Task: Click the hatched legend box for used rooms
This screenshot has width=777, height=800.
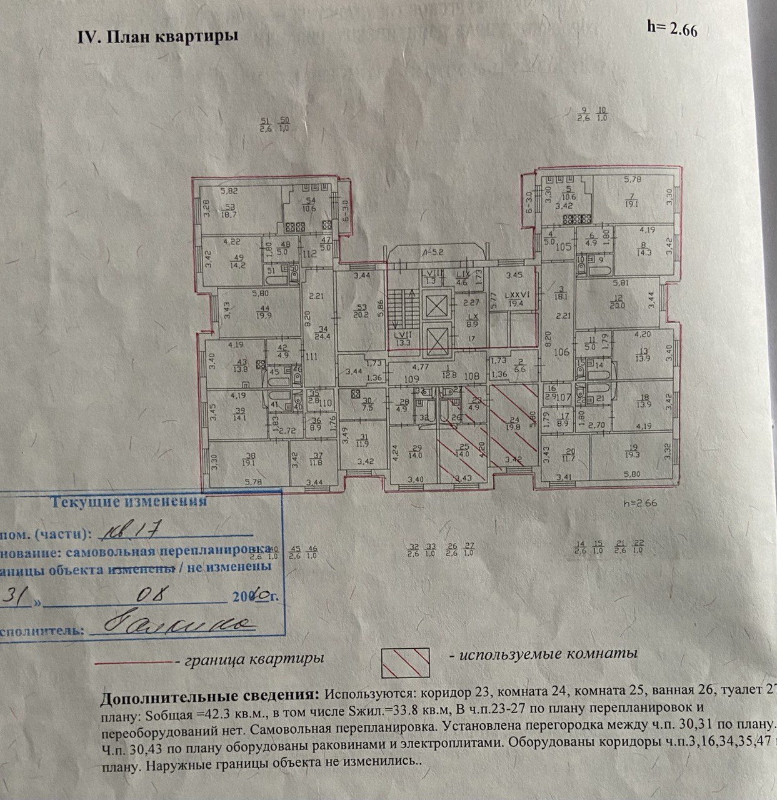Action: [405, 663]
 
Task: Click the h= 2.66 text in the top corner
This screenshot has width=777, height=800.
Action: [672, 28]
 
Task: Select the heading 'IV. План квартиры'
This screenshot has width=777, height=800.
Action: [157, 36]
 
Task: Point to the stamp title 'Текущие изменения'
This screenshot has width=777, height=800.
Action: [128, 502]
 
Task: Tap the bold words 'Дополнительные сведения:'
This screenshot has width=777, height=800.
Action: [209, 696]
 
